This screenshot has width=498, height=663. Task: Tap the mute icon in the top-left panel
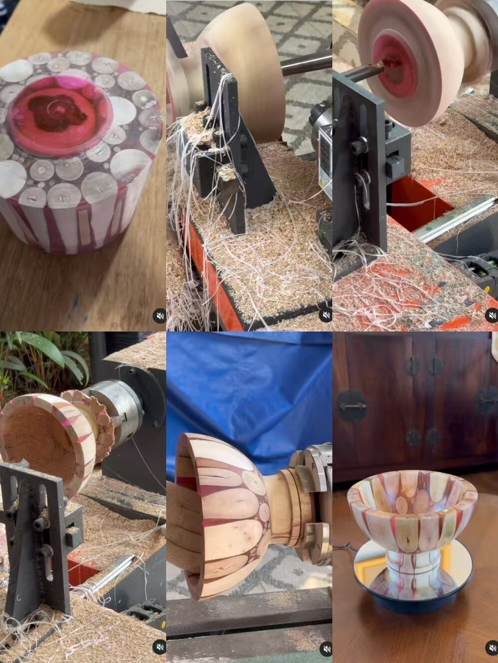pyautogui.click(x=159, y=316)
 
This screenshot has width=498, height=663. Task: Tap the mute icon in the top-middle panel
pyautogui.click(x=325, y=316)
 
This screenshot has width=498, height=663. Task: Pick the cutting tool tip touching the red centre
pyautogui.click(x=378, y=65)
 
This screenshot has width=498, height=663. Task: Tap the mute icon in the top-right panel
pyautogui.click(x=492, y=316)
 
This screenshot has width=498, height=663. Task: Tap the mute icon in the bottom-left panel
pyautogui.click(x=159, y=647)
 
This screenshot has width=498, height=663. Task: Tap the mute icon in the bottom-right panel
pyautogui.click(x=492, y=648)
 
